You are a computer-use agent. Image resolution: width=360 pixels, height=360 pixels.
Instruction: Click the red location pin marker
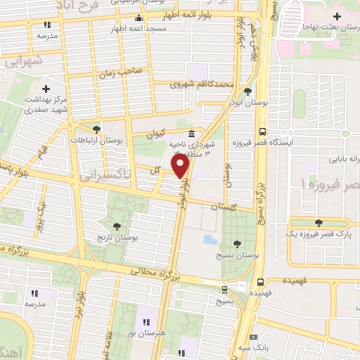(181, 165)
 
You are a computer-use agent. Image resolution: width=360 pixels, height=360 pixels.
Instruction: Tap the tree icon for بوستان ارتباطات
(96, 129)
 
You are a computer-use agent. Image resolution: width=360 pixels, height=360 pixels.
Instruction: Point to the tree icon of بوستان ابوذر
(247, 91)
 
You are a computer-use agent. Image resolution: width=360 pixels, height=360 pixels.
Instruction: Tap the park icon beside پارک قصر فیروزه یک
(319, 222)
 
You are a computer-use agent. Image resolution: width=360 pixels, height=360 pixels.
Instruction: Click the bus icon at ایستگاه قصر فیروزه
(262, 131)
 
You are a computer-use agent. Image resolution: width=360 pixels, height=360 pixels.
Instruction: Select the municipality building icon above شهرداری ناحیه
(191, 134)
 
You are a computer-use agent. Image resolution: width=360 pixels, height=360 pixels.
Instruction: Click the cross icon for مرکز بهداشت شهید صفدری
(46, 89)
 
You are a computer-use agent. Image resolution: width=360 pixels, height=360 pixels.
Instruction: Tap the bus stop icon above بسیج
(224, 289)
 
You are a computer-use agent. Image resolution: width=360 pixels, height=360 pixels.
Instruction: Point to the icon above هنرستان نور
(148, 321)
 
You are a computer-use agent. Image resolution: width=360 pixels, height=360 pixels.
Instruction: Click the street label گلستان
(224, 205)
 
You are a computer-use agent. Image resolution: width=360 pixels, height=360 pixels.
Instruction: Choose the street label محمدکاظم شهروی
(201, 84)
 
